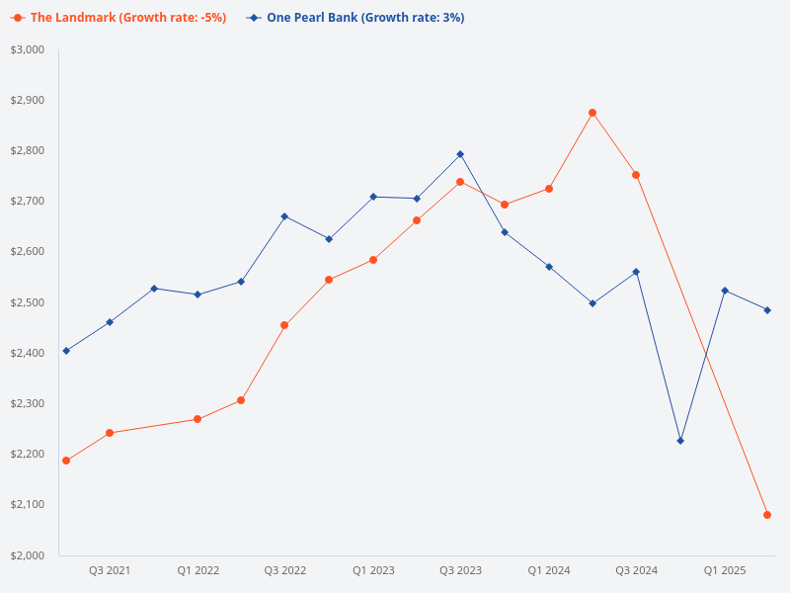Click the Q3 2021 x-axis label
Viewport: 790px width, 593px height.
click(x=110, y=570)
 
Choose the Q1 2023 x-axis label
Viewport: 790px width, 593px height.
click(x=373, y=570)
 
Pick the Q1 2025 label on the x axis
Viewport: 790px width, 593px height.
click(x=724, y=570)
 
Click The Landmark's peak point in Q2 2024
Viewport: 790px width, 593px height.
click(x=592, y=113)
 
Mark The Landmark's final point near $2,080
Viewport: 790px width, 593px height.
click(x=767, y=515)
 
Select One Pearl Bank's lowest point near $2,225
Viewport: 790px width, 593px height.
click(x=680, y=441)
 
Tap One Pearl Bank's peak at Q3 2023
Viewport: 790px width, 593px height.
click(x=460, y=154)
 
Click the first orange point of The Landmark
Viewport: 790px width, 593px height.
click(x=66, y=461)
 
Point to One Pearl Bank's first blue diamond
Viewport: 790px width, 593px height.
click(x=66, y=351)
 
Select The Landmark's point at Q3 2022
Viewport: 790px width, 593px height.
click(x=284, y=325)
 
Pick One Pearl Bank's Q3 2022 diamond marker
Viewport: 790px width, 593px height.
click(x=284, y=216)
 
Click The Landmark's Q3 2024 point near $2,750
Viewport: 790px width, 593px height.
click(x=636, y=175)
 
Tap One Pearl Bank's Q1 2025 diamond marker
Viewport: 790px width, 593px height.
click(x=725, y=291)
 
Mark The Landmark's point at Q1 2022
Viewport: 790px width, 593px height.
click(x=197, y=419)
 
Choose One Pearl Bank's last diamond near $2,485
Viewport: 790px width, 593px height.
click(x=767, y=310)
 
